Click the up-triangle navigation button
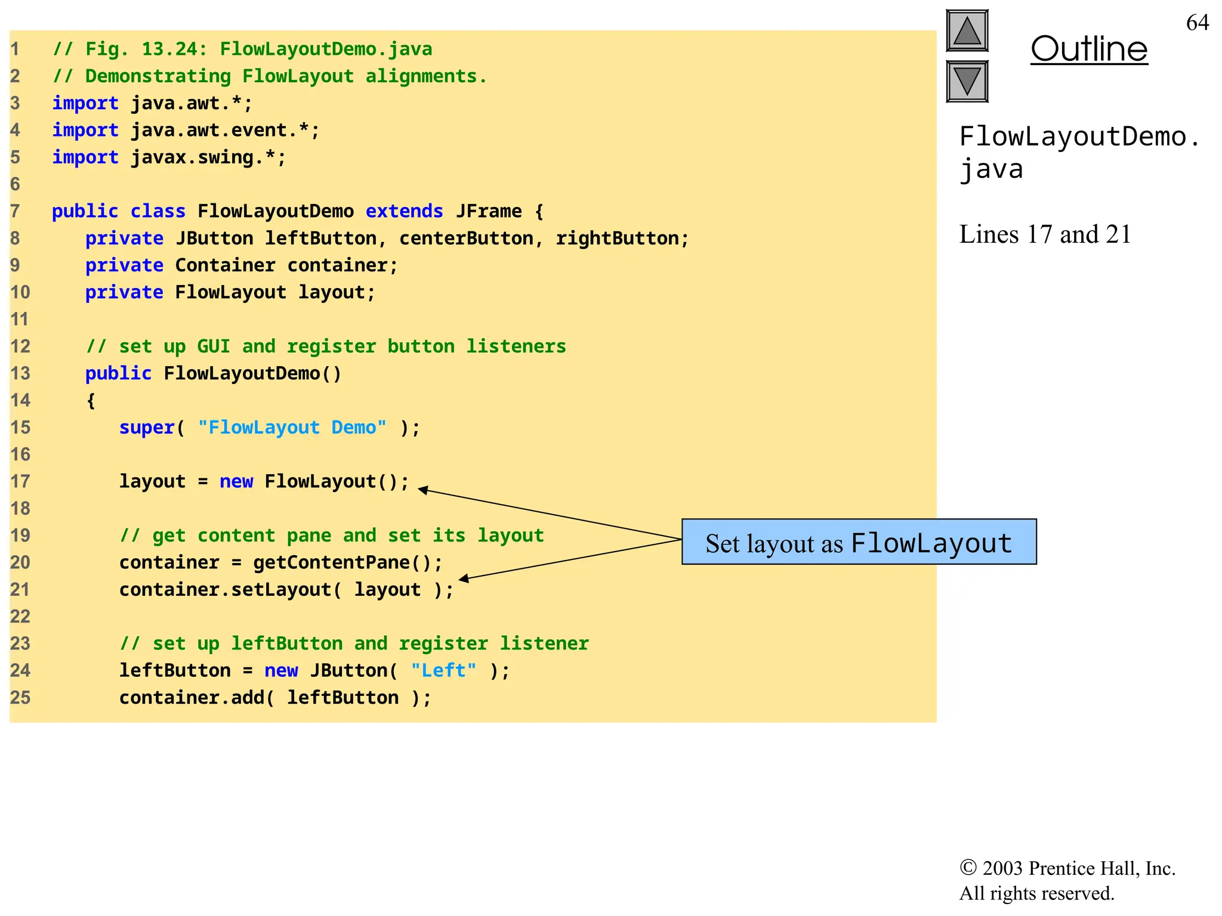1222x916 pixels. click(967, 30)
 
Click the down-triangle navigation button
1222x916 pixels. click(967, 81)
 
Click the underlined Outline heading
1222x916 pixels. click(1088, 49)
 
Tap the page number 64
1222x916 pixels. click(1197, 23)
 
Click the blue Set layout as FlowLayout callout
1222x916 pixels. click(859, 542)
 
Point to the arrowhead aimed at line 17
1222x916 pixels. click(422, 490)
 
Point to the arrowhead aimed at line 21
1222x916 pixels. click(464, 578)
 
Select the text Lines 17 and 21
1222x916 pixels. click(1045, 234)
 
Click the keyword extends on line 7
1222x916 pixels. click(404, 211)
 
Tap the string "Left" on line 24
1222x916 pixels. click(443, 670)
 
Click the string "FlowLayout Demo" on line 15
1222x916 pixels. click(292, 428)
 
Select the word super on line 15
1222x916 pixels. click(146, 428)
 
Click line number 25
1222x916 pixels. click(20, 697)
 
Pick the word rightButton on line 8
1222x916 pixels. click(618, 239)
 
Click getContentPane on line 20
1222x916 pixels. click(331, 562)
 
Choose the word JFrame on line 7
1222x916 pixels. click(489, 211)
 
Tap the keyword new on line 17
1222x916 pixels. click(236, 481)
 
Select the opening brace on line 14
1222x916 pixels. click(91, 401)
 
